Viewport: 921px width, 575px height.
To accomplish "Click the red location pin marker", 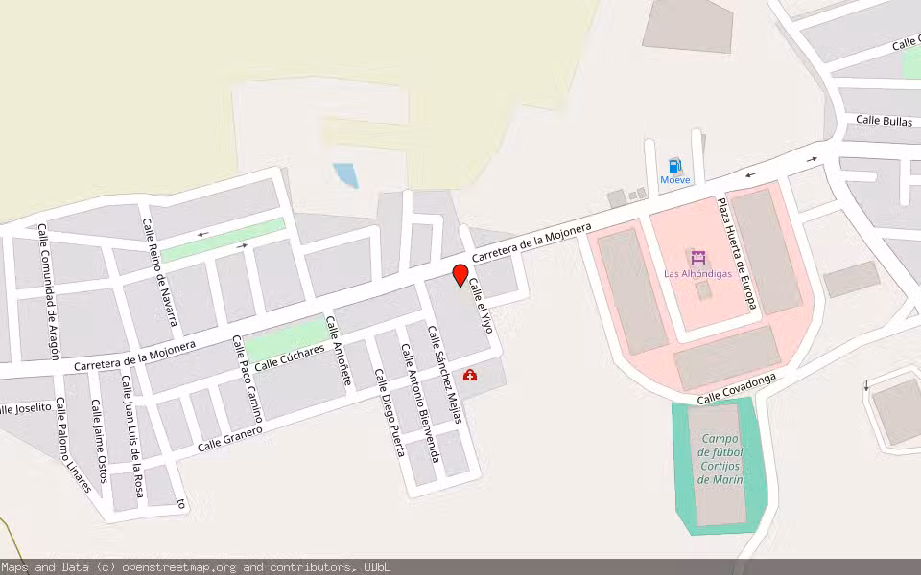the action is [460, 276].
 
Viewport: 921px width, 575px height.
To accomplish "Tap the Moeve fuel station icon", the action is [674, 166].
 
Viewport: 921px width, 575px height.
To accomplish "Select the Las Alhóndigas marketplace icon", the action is [697, 258].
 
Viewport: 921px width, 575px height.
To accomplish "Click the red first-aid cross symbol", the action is [470, 375].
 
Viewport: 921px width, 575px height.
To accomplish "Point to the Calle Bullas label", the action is [884, 121].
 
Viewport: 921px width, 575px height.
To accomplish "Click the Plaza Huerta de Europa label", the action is [737, 254].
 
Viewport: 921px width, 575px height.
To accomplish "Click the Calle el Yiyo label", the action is [481, 306].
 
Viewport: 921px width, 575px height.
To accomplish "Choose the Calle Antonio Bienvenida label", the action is [419, 403].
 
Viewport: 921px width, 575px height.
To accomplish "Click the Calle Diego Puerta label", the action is [390, 413].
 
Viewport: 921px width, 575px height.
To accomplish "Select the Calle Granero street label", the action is [230, 439].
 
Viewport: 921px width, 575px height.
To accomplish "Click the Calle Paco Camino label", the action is [248, 381].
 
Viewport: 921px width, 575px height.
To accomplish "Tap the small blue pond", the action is [345, 175].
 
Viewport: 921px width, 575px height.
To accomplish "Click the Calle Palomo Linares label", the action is [72, 445].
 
